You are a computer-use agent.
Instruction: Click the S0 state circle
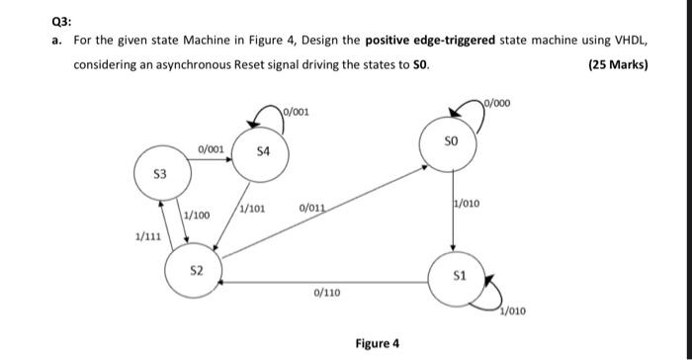coord(452,144)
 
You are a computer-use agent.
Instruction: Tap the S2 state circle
coord(196,271)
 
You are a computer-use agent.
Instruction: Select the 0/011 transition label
coord(310,208)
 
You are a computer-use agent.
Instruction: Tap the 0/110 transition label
coord(326,294)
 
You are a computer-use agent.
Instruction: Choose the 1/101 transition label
coord(252,209)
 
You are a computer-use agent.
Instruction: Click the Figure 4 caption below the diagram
coord(378,343)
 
